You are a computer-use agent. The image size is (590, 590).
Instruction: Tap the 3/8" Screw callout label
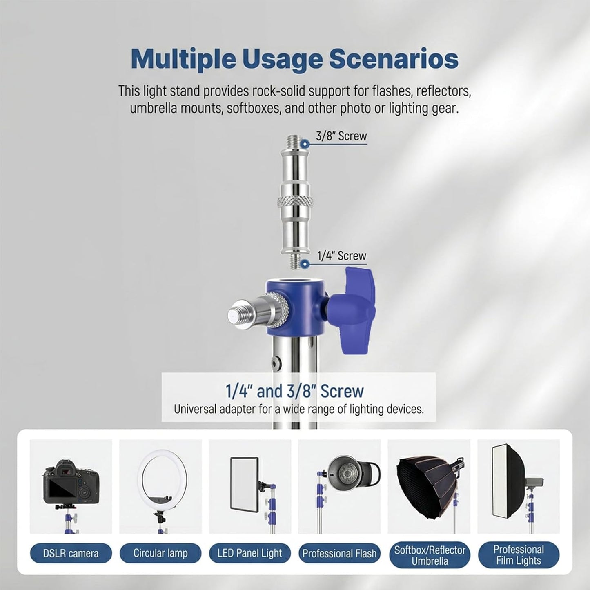pos(341,136)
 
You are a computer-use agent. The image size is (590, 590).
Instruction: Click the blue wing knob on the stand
pos(355,309)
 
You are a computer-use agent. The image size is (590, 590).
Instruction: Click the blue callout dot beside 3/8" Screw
pos(304,144)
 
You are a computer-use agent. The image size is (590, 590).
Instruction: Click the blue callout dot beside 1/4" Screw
pos(304,264)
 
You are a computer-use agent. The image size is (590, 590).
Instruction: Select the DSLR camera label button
pos(71,553)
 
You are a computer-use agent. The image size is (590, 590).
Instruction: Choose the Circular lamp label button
pos(160,553)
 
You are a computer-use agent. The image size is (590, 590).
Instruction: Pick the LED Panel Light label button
pos(250,553)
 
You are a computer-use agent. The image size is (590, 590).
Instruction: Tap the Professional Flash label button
pos(339,553)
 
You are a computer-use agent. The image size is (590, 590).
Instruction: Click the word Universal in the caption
pos(196,409)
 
